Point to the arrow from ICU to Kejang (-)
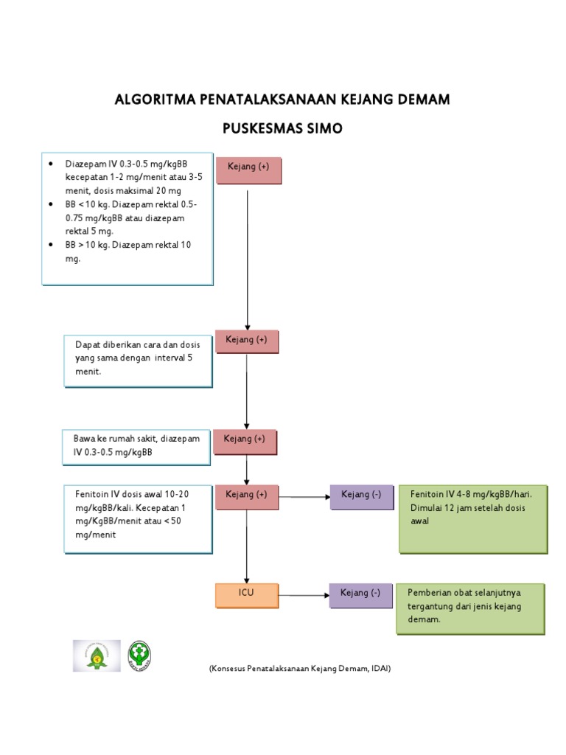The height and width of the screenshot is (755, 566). pos(304,594)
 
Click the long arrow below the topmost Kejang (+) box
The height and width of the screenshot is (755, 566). pos(247,258)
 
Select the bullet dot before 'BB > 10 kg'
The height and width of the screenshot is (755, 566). pos(50,244)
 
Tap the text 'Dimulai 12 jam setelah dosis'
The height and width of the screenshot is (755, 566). pos(467,507)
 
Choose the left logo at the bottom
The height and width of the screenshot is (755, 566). pos(97,655)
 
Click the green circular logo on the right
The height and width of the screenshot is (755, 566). pos(142,655)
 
